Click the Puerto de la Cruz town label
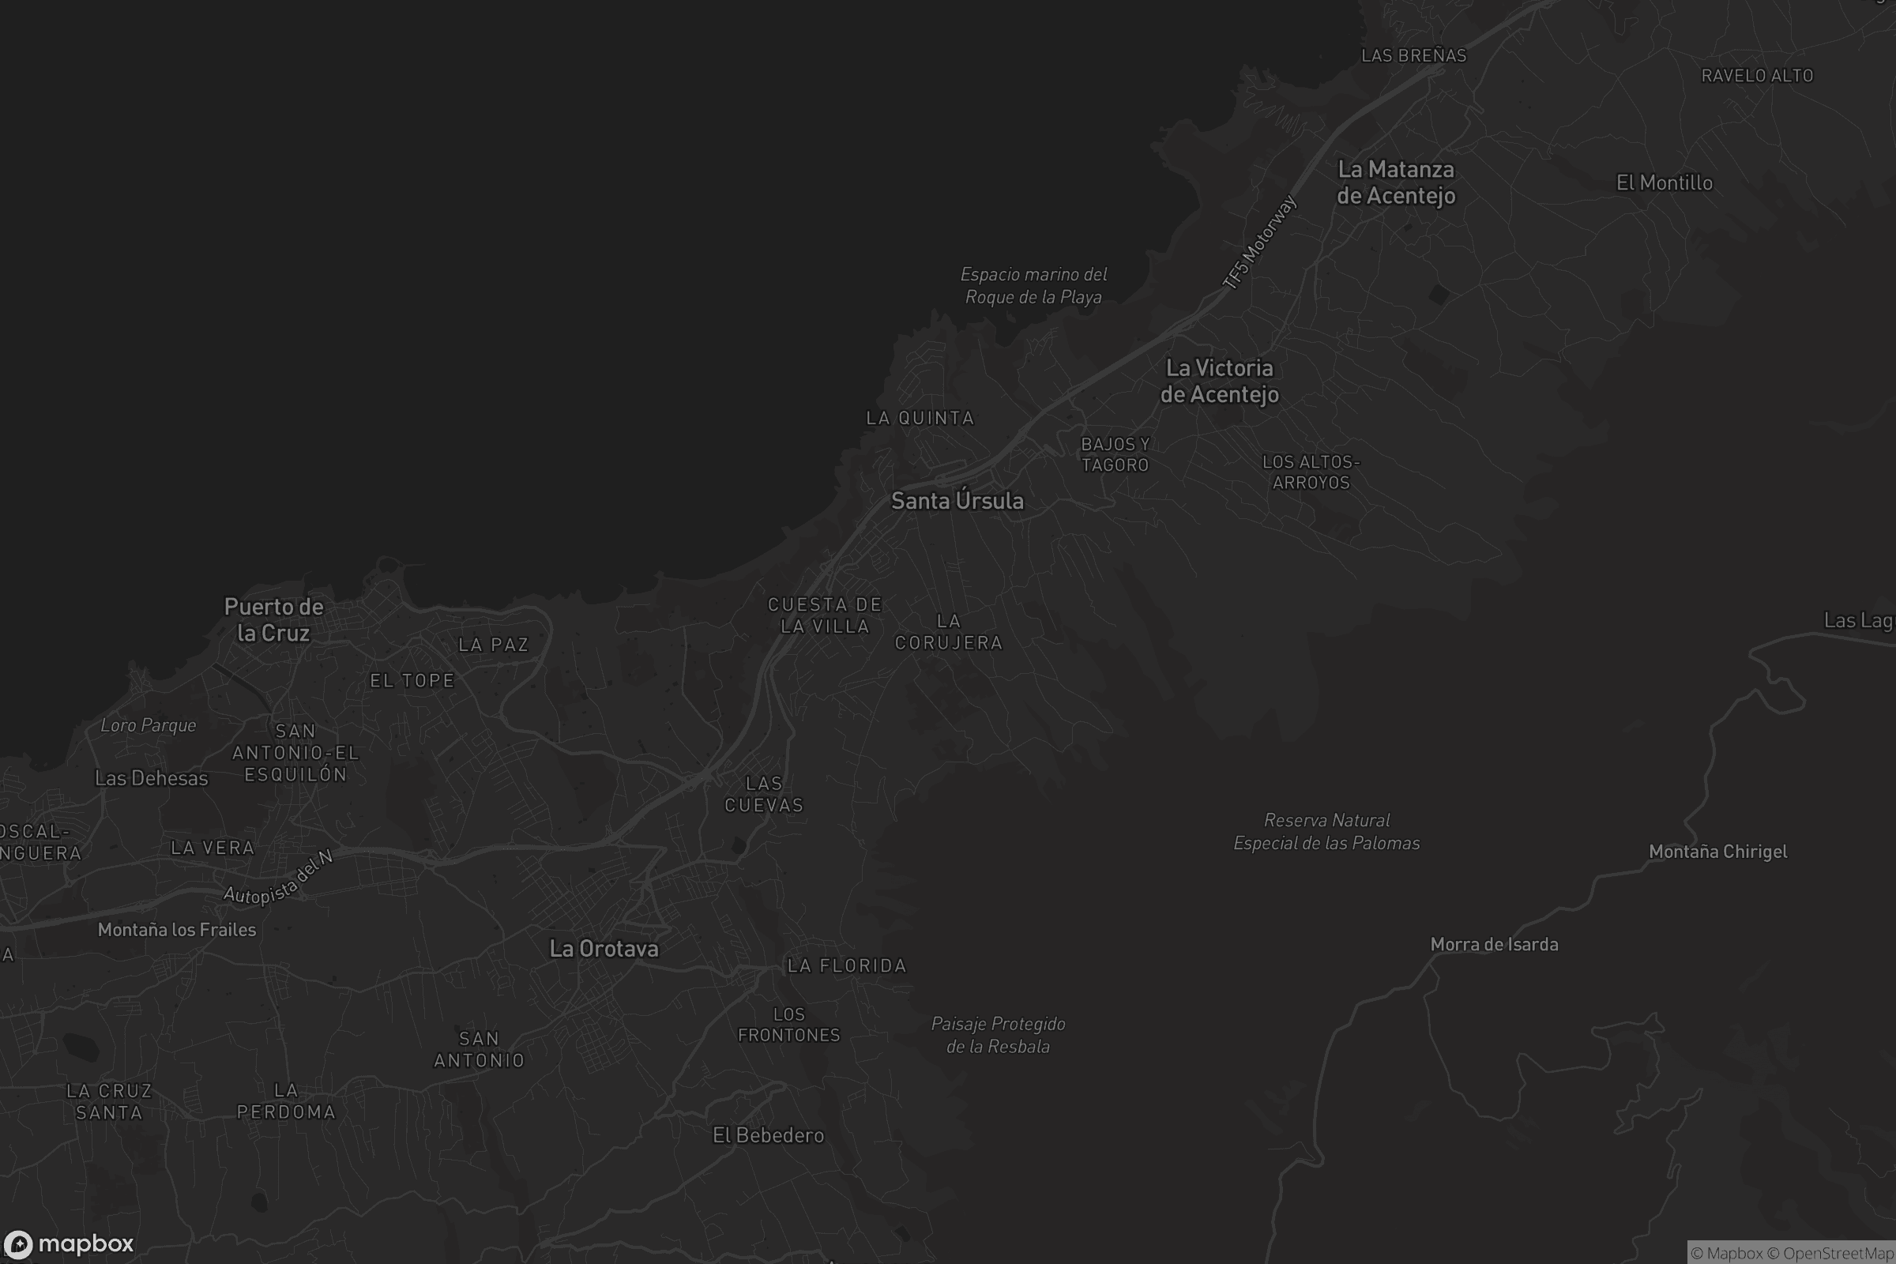(273, 619)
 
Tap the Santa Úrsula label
(957, 501)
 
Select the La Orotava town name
(604, 949)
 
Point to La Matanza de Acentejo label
(1396, 182)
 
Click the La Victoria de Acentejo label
(1219, 381)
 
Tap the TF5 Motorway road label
(1259, 242)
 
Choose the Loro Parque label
(149, 724)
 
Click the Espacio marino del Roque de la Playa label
(1033, 285)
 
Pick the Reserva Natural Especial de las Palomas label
(1327, 831)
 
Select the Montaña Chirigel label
(1717, 852)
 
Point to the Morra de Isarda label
(1494, 944)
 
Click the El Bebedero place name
(768, 1135)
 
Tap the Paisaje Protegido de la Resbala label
(998, 1034)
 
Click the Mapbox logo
(69, 1243)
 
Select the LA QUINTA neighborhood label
(920, 418)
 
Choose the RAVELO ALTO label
(1757, 76)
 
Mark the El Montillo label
(1664, 183)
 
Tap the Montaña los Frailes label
(176, 930)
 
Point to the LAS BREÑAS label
(1413, 55)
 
